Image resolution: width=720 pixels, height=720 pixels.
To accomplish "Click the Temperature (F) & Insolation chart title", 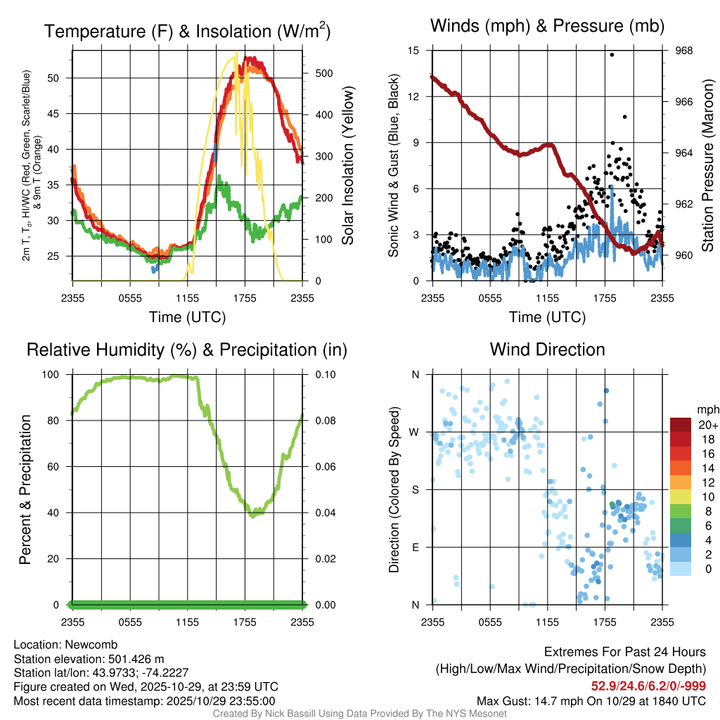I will point(187,31).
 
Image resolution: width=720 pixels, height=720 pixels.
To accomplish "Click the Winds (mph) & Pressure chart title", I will point(548,26).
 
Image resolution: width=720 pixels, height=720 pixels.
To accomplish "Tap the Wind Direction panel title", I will point(547,349).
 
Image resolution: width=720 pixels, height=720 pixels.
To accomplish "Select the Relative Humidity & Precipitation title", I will point(186,349).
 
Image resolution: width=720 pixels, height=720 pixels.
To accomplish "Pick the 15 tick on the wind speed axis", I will point(413,51).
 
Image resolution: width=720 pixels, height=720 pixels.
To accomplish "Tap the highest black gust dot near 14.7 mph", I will point(612,55).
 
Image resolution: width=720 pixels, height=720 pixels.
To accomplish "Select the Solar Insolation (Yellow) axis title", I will point(347,165).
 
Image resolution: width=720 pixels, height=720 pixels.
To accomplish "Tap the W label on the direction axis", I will point(416,432).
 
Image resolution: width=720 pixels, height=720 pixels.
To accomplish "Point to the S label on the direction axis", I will point(416,489).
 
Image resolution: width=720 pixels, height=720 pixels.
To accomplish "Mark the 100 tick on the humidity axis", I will point(56,375).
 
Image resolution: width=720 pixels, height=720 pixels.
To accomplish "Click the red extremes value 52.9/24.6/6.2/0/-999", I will point(648,686).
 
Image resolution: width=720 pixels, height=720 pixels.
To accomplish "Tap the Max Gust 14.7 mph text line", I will point(591,700).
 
